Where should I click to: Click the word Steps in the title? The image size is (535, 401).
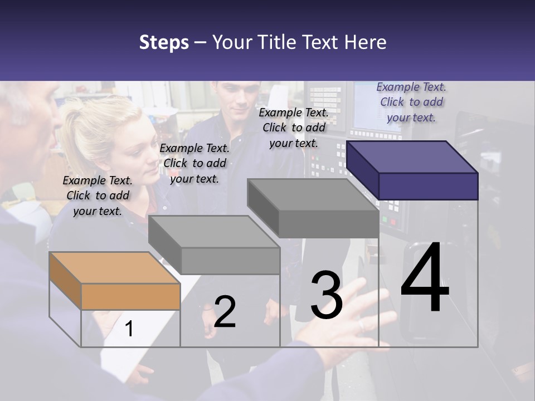coord(164,42)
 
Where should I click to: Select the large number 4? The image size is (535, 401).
coord(425,278)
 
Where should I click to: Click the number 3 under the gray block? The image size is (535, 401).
coord(327,295)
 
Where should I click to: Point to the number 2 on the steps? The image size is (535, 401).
coord(225,311)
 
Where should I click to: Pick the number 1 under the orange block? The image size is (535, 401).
coord(129,329)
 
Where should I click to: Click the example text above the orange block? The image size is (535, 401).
coord(98,195)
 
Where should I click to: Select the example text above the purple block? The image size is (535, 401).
coord(411,102)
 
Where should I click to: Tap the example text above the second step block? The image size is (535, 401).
coord(194,163)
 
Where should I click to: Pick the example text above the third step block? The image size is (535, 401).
coord(294,128)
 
